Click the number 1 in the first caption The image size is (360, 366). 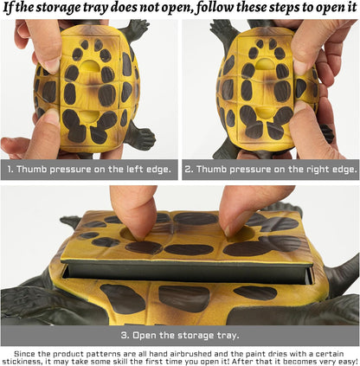[x=10, y=169]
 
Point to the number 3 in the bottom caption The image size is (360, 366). [x=124, y=336]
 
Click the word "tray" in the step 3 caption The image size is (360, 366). [x=228, y=336]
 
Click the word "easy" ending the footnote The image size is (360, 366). [x=346, y=362]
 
